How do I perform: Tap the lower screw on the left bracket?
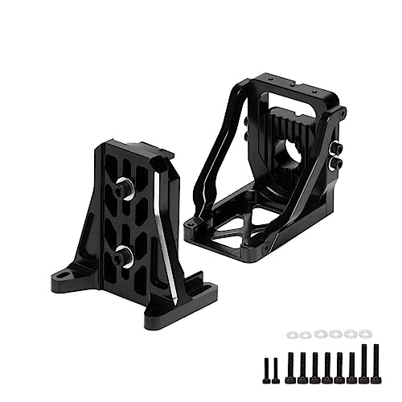123,257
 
